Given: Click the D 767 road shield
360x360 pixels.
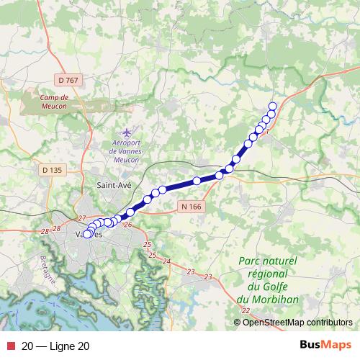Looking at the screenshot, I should tap(66, 80).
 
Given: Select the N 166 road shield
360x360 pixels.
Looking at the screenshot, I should tap(188, 206).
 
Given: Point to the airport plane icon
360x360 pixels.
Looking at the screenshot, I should tap(128, 133).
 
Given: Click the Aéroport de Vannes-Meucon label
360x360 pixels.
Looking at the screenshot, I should tap(127, 152).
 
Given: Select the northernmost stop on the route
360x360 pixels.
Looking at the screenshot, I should tap(273, 107).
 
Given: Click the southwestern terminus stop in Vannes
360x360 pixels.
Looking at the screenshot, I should tap(87, 234).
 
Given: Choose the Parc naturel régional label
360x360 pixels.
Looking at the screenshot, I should tap(265, 280).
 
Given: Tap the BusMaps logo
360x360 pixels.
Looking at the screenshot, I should tap(320, 346).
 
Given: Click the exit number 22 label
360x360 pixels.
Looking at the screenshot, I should tap(246, 310).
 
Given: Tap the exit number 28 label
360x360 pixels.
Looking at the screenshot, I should tap(45, 230).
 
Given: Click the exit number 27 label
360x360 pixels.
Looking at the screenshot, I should tap(81, 217).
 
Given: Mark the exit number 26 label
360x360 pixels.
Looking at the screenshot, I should tap(127, 226).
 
